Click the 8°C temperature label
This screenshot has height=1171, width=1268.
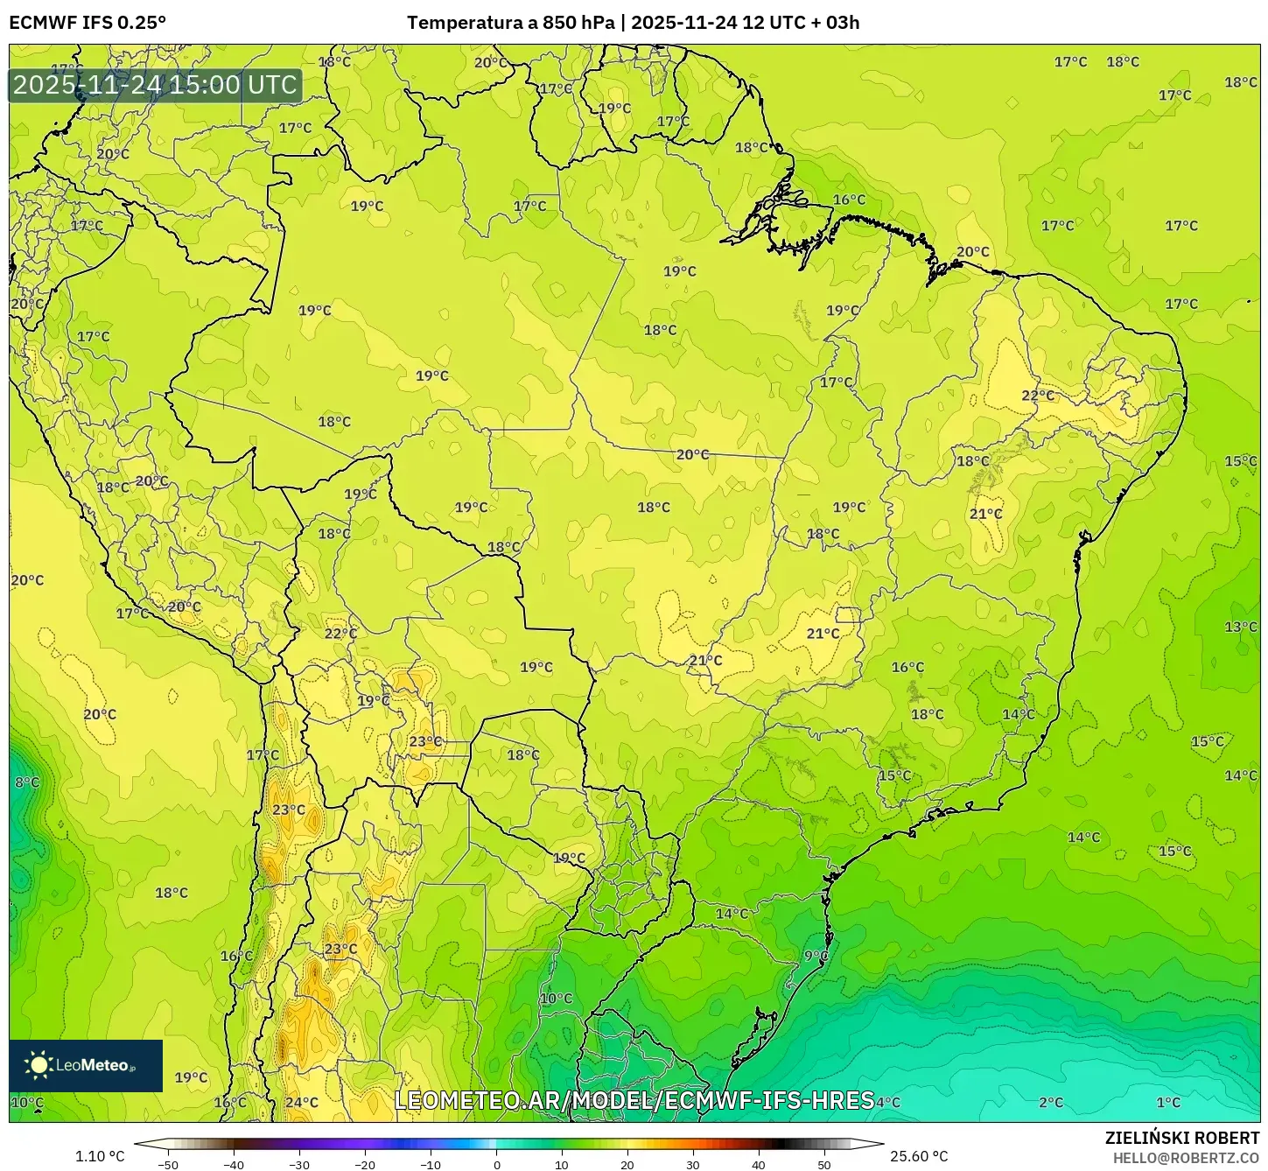(x=26, y=782)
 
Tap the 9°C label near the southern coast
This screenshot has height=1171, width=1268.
(x=816, y=956)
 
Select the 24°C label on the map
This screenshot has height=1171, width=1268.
(x=302, y=1102)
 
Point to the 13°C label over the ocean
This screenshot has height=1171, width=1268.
(x=1240, y=627)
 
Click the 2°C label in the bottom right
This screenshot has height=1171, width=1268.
(x=1051, y=1102)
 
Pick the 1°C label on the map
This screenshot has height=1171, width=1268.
(x=1168, y=1102)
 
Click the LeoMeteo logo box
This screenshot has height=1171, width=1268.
(x=86, y=1065)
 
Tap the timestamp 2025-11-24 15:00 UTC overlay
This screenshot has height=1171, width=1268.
(x=155, y=85)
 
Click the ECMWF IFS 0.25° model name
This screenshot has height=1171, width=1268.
(x=88, y=23)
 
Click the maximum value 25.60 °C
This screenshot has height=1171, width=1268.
(x=918, y=1156)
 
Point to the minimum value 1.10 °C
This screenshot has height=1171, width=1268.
(x=100, y=1156)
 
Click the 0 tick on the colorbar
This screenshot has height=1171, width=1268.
(x=496, y=1165)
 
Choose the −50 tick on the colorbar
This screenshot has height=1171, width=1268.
(x=168, y=1165)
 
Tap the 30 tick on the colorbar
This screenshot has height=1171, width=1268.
(x=693, y=1165)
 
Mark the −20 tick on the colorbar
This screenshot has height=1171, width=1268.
(x=365, y=1165)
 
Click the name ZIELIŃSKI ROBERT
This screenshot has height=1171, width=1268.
(x=1182, y=1138)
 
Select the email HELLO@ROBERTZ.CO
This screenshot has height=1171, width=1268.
(x=1186, y=1158)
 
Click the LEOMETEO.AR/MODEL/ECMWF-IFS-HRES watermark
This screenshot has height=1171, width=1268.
(x=634, y=1100)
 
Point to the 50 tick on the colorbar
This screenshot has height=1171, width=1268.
(x=824, y=1165)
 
